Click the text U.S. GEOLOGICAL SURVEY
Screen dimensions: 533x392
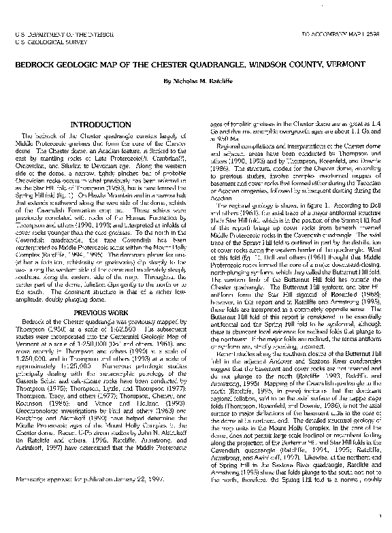coord(42,40)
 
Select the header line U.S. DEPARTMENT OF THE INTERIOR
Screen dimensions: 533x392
coord(56,33)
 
